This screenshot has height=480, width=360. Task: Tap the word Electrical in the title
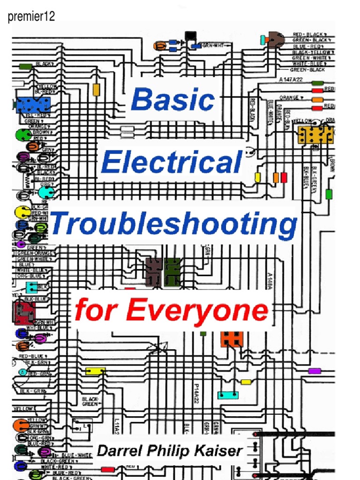[172, 163]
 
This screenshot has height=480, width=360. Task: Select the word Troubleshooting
[174, 224]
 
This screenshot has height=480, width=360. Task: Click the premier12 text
[31, 17]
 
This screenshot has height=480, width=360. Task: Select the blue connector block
[32, 105]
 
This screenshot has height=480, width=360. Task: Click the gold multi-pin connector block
[315, 134]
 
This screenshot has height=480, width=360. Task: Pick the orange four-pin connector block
[232, 338]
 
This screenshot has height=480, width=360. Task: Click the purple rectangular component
[314, 371]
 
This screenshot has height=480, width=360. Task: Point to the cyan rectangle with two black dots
[228, 395]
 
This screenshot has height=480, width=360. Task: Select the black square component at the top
[191, 37]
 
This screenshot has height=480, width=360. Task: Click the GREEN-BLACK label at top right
[307, 70]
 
